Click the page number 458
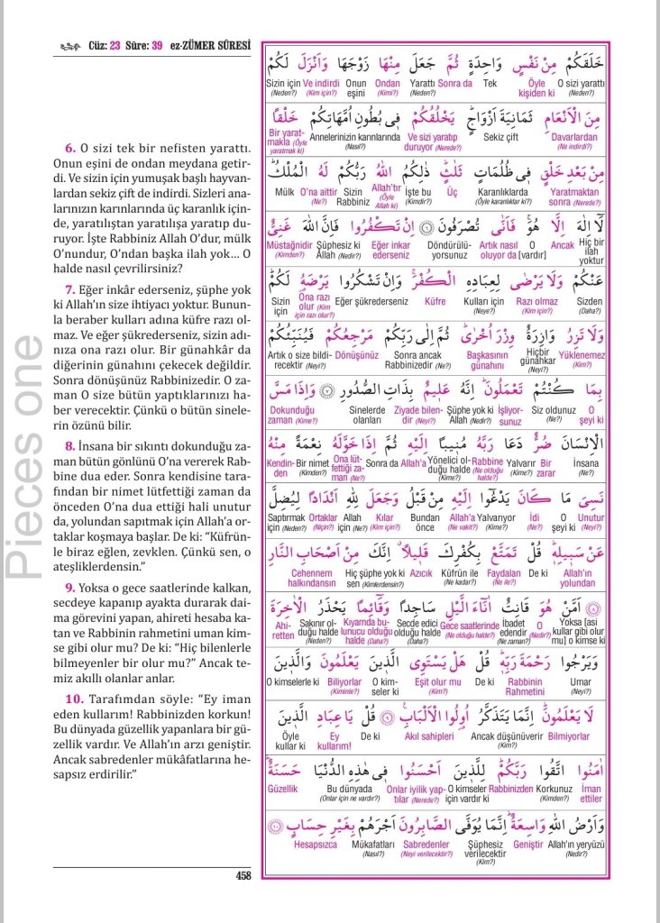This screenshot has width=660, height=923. click(243, 875)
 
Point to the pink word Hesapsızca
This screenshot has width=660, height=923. click(317, 845)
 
